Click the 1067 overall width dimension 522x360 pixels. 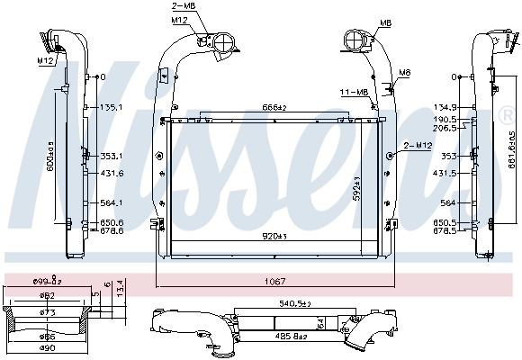point(274,280)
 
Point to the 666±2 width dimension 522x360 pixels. point(275,108)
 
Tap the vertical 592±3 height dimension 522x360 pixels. point(358,189)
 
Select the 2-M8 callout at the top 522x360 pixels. point(183,6)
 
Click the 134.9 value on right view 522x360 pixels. point(445,106)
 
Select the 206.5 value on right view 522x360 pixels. point(445,129)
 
